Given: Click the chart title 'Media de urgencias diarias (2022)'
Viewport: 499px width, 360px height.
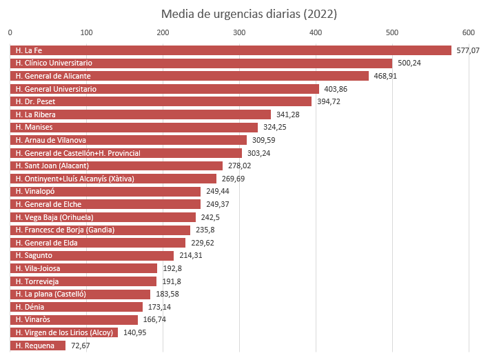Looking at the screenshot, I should click(249, 14).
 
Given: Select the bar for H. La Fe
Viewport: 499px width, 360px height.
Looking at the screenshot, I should click(230, 50).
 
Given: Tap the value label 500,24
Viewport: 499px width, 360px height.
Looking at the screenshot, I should click(409, 63).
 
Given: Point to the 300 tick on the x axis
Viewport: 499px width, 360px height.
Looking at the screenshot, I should click(239, 32).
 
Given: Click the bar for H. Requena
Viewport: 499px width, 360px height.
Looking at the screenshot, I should click(38, 346).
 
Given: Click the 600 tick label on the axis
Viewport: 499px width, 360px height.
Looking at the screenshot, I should click(469, 32).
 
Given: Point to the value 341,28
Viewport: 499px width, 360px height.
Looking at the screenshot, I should click(288, 114).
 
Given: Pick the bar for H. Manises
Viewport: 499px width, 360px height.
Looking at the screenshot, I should click(134, 128).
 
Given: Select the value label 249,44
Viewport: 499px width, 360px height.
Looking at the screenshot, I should click(218, 192).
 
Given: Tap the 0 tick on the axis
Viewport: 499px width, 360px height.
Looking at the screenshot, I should click(10, 32).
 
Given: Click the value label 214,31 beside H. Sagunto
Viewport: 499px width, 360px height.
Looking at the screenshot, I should click(191, 256).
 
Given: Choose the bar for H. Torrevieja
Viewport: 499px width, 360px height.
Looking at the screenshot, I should click(83, 281).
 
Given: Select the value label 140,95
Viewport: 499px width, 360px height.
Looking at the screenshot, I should click(135, 332).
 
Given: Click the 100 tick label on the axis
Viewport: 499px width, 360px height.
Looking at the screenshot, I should click(86, 32).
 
